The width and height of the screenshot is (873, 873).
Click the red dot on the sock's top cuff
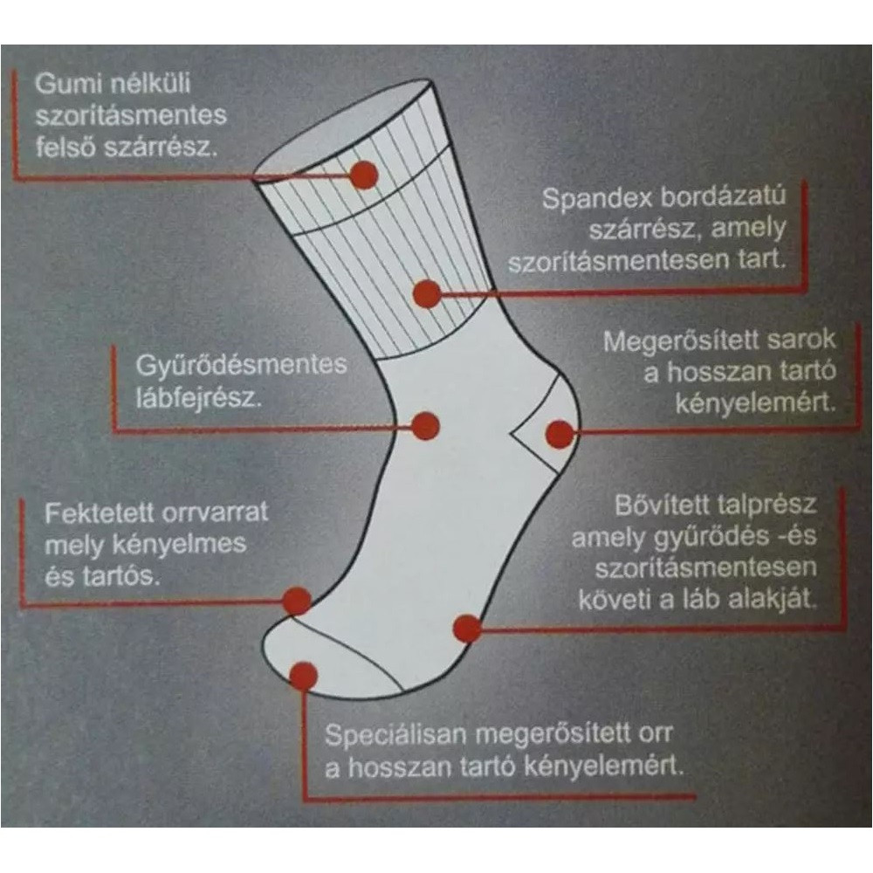coord(364,175)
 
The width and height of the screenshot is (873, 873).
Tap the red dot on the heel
coord(560,434)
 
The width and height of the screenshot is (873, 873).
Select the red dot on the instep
coord(425,427)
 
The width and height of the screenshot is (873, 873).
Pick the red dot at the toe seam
coord(296,601)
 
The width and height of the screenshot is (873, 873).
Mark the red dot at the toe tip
coord(304,676)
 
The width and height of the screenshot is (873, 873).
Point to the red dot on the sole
coord(467,629)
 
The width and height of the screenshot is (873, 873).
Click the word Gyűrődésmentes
coord(241,365)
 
